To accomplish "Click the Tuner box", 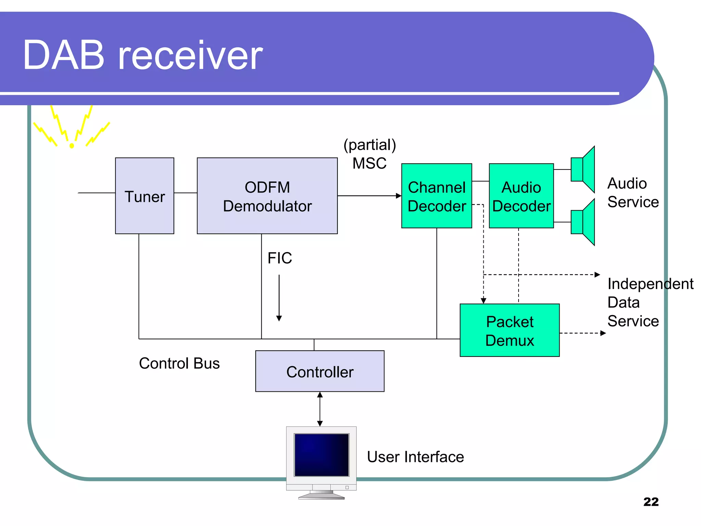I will click(x=144, y=196).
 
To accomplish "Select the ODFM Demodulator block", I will click(x=267, y=196).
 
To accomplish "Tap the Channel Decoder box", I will click(x=436, y=196).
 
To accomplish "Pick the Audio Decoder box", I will click(x=521, y=196).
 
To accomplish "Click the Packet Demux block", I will click(x=509, y=330).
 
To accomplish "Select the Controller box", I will click(x=320, y=371).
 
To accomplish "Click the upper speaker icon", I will click(x=583, y=170).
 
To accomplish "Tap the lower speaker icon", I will click(x=583, y=222).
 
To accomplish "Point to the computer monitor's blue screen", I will click(x=321, y=455).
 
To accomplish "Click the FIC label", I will click(x=280, y=258).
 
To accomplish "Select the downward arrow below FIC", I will click(x=279, y=298).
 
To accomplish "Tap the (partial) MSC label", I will click(x=370, y=154).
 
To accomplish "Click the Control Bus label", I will click(x=179, y=363).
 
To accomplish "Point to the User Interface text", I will click(x=415, y=457).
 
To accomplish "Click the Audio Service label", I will click(x=633, y=192).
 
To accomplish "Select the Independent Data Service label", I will click(x=650, y=302).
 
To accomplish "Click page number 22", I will click(x=651, y=502).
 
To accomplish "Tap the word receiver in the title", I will click(x=190, y=55).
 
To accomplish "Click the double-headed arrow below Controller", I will click(x=320, y=409).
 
